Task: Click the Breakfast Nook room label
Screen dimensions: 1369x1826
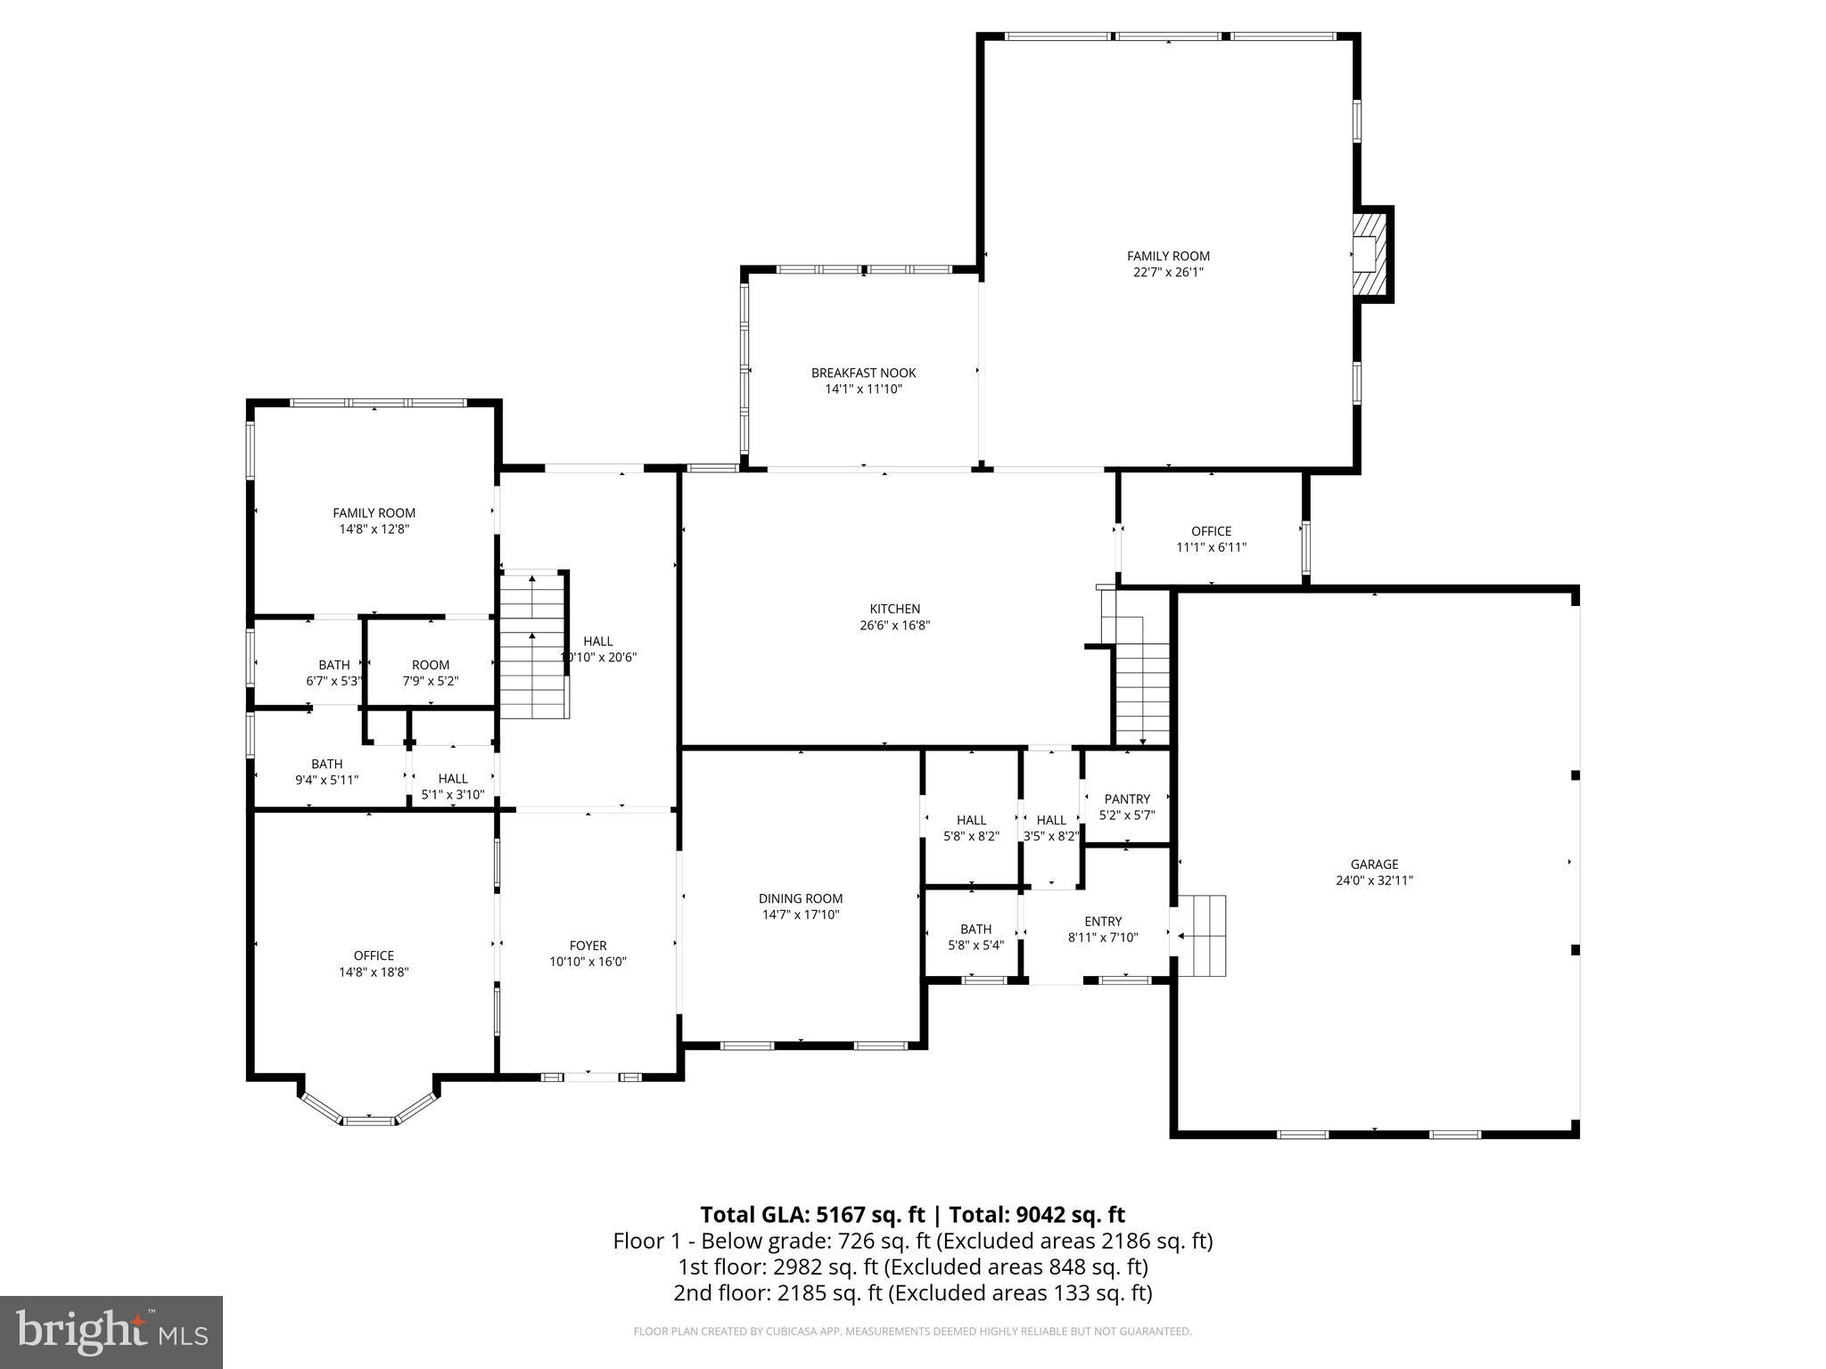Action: tap(863, 373)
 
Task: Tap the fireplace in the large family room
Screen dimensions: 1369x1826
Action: tap(1370, 254)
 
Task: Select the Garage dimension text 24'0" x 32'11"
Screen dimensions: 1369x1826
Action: tap(1374, 881)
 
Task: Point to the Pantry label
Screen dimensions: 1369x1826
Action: tap(1127, 799)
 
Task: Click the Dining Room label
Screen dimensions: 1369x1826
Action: tap(801, 898)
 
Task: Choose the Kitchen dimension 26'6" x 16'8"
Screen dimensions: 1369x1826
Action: tap(895, 626)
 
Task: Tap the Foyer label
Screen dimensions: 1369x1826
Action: tap(588, 946)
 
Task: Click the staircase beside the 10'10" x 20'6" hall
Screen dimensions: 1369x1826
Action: tap(532, 645)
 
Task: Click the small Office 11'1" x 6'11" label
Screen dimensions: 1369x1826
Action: tap(1211, 531)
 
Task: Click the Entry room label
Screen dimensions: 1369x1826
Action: tap(1103, 922)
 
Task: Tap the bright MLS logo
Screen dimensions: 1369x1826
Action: tap(111, 1332)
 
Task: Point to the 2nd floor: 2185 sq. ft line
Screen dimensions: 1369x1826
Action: tap(912, 1292)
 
